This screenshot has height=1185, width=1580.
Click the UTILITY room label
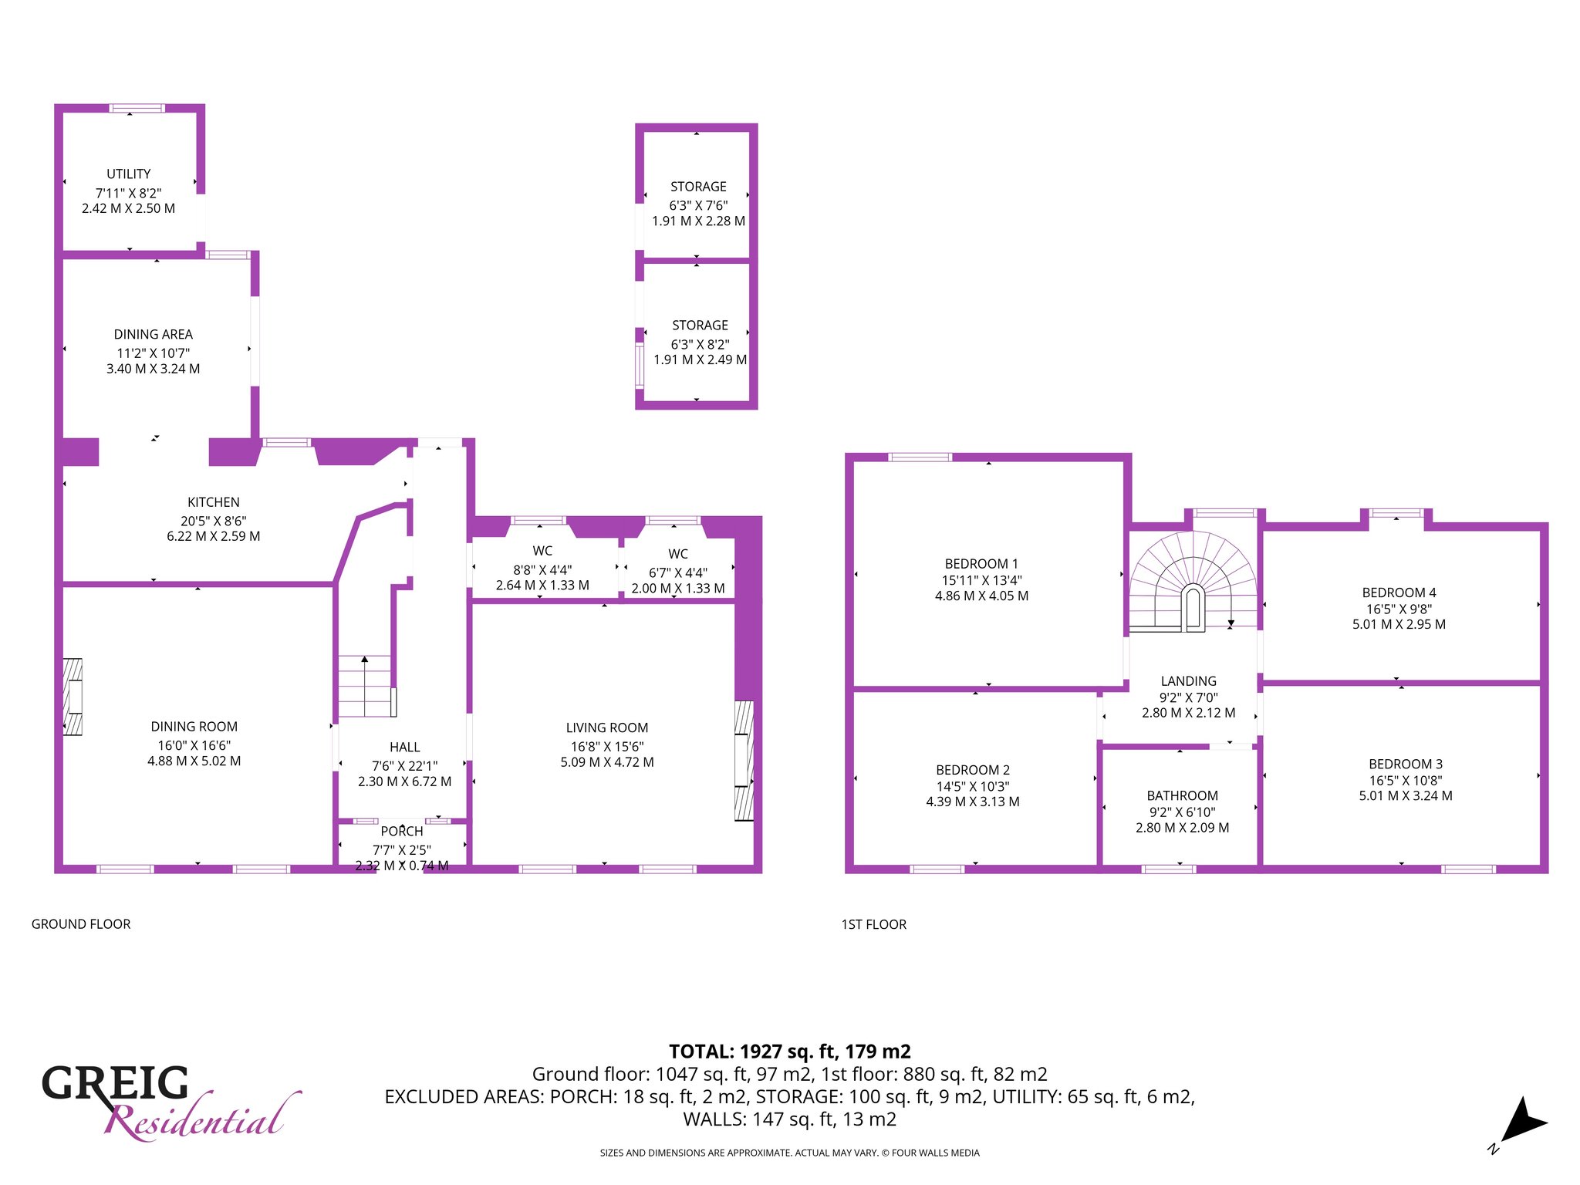(x=129, y=174)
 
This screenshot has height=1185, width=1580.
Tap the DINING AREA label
(x=154, y=334)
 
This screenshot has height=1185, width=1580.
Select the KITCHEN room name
(x=214, y=502)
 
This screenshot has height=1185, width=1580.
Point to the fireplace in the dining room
(x=73, y=697)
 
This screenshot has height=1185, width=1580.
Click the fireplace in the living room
(x=744, y=761)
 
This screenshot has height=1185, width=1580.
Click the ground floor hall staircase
(x=367, y=687)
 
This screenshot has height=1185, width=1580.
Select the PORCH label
(x=402, y=831)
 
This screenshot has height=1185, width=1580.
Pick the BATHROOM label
(x=1183, y=795)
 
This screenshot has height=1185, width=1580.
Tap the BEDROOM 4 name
(x=1399, y=592)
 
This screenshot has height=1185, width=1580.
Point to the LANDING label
(x=1189, y=681)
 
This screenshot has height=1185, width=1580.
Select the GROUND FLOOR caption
(x=81, y=924)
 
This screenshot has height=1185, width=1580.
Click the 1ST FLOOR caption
(x=874, y=924)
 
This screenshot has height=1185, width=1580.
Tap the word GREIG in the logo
(x=115, y=1083)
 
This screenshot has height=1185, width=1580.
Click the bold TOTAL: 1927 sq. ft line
(x=790, y=1052)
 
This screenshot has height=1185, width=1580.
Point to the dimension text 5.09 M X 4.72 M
(x=607, y=762)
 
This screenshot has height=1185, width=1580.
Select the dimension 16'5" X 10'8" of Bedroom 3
(x=1406, y=781)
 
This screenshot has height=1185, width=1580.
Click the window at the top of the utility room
(x=137, y=108)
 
